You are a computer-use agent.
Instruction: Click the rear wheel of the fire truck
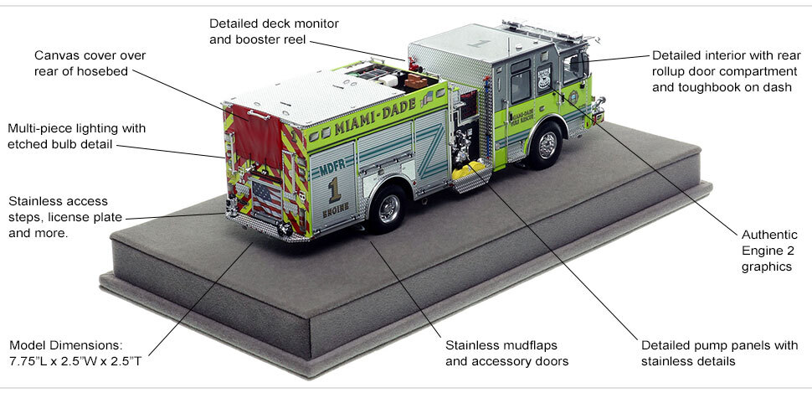pyautogui.click(x=388, y=209)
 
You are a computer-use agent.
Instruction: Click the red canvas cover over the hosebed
pyautogui.click(x=252, y=136)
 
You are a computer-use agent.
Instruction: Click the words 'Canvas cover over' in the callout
pyautogui.click(x=90, y=55)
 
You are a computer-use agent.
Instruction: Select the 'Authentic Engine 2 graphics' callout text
pyautogui.click(x=765, y=250)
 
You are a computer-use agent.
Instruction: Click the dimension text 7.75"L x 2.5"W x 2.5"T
pyautogui.click(x=81, y=361)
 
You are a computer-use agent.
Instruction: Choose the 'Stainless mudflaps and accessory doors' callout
pyautogui.click(x=507, y=353)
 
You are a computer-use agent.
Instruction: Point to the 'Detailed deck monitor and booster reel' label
pyautogui.click(x=274, y=31)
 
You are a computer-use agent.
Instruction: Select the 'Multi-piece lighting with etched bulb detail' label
pyautogui.click(x=77, y=137)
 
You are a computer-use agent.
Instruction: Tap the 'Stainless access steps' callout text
pyautogui.click(x=58, y=209)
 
